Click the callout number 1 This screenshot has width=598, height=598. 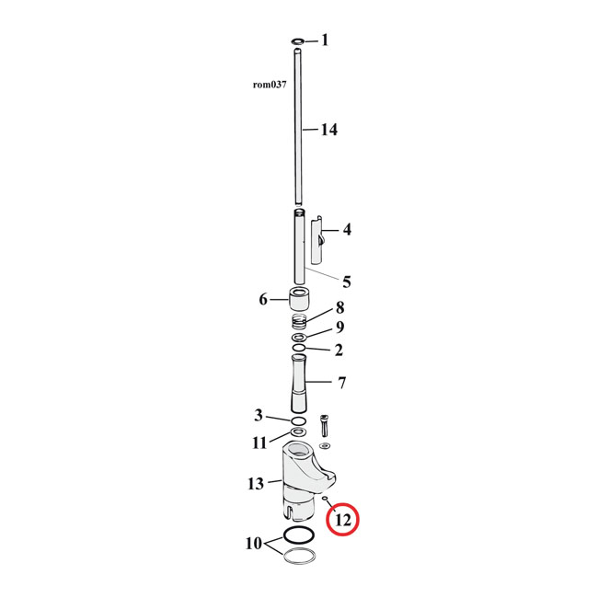(324, 40)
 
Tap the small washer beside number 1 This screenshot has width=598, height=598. (297, 41)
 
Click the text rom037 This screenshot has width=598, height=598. (270, 85)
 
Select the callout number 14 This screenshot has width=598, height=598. (328, 130)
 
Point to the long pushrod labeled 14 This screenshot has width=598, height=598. (298, 129)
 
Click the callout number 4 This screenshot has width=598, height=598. (346, 229)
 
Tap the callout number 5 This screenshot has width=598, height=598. (346, 282)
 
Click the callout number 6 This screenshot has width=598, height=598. (262, 300)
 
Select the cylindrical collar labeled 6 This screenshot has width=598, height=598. (299, 301)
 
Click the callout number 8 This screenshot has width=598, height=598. (339, 307)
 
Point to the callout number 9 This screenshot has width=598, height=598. (339, 328)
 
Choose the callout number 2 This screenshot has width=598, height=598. (339, 350)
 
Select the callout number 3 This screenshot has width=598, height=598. (259, 416)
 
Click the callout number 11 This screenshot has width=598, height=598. (260, 443)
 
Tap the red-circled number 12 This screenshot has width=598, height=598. (342, 521)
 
